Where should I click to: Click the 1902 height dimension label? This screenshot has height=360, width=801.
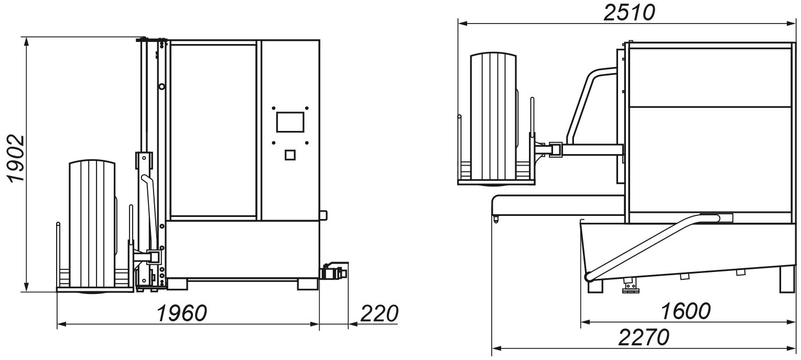tap(16, 159)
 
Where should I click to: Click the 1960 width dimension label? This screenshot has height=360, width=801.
tap(182, 313)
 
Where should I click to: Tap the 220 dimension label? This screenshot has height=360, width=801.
tap(379, 313)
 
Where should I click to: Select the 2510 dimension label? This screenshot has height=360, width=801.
tap(629, 13)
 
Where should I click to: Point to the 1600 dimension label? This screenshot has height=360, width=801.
tap(685, 311)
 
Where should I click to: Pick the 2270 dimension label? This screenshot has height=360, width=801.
tap(644, 337)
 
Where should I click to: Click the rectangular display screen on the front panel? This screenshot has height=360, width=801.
tap(290, 122)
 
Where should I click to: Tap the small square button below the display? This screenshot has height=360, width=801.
tap(290, 155)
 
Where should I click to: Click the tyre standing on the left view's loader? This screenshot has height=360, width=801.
tap(93, 226)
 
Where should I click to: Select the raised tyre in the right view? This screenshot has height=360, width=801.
tap(494, 118)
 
